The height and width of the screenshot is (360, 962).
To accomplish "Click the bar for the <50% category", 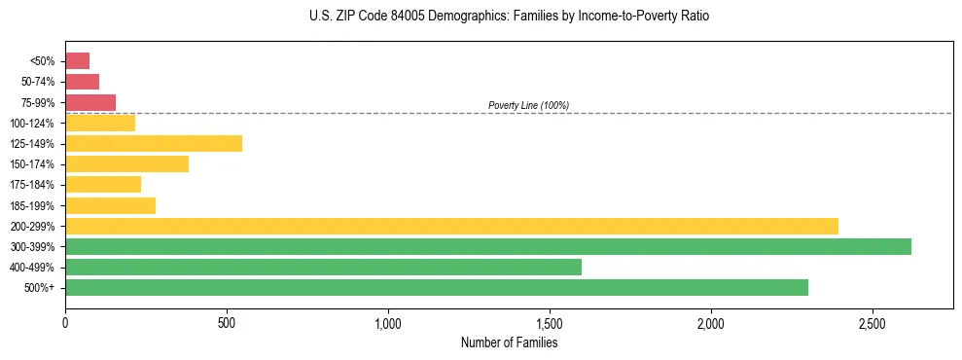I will [78, 61].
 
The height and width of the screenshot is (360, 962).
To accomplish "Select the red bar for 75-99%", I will [90, 102].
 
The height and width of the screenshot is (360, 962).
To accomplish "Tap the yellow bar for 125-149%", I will [154, 143].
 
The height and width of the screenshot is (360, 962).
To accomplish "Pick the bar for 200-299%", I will [451, 226].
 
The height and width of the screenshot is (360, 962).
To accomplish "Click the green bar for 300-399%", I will [488, 246].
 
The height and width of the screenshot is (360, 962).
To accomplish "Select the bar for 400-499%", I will [323, 267].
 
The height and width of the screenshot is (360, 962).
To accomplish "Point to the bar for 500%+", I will [437, 287].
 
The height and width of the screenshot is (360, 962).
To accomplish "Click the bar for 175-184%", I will [103, 185].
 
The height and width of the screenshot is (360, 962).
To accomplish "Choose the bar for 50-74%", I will [83, 82].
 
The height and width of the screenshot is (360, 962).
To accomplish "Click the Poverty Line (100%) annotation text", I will [528, 105].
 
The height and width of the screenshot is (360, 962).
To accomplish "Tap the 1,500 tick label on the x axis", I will [550, 323].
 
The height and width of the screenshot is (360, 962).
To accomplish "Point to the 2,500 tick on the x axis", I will [873, 323].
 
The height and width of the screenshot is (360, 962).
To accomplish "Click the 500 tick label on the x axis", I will [227, 323].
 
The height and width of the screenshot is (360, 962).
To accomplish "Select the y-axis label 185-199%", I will [33, 205].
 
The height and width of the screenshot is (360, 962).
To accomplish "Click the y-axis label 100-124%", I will [33, 124].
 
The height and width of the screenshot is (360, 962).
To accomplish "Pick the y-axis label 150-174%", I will [33, 164].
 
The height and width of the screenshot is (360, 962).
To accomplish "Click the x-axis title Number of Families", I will [509, 342].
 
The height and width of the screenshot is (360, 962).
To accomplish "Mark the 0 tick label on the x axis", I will [65, 323].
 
